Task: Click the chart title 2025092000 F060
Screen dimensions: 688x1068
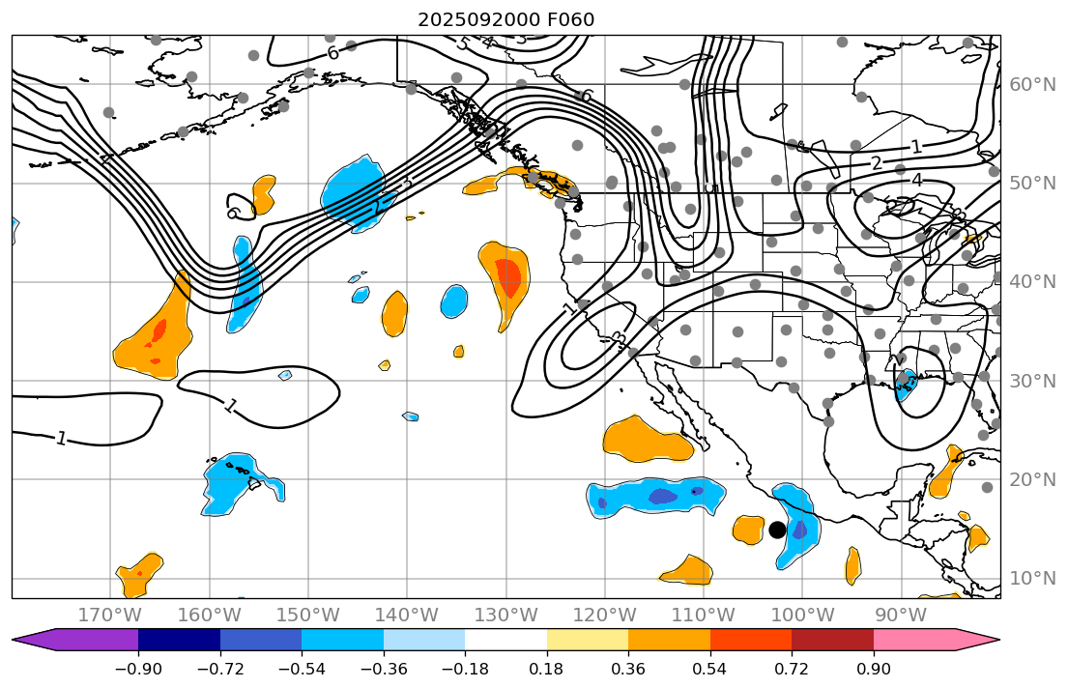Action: [x=505, y=19]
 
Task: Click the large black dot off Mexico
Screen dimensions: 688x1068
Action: [x=777, y=530]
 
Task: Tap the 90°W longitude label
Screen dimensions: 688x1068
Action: [x=901, y=616]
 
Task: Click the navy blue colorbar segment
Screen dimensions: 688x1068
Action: [x=179, y=640]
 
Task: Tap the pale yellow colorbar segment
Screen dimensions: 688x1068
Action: [x=588, y=640]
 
